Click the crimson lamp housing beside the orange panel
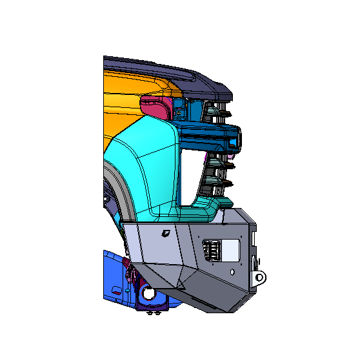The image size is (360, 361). pos(159,106)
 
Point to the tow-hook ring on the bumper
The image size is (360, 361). pos(260,277)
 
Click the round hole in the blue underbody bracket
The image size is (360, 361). pos(148,293)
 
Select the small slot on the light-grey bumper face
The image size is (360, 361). pos(166,232)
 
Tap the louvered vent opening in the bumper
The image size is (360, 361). pos(210,250)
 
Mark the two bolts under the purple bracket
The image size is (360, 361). pos(154,314)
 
